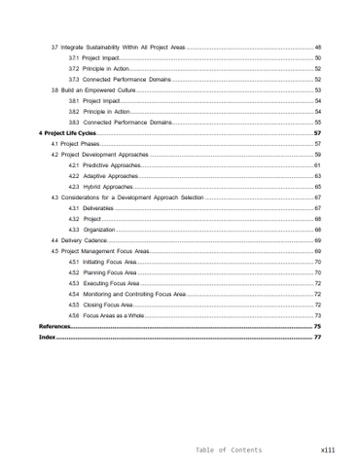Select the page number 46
click(x=317, y=48)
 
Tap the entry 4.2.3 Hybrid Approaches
click(x=100, y=186)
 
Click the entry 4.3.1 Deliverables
click(x=93, y=208)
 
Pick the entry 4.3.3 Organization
click(x=93, y=230)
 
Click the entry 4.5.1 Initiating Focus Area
click(x=106, y=262)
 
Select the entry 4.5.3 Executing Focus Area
click(x=107, y=283)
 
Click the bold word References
click(x=54, y=327)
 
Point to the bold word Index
click(x=46, y=338)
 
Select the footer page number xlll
click(x=327, y=449)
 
